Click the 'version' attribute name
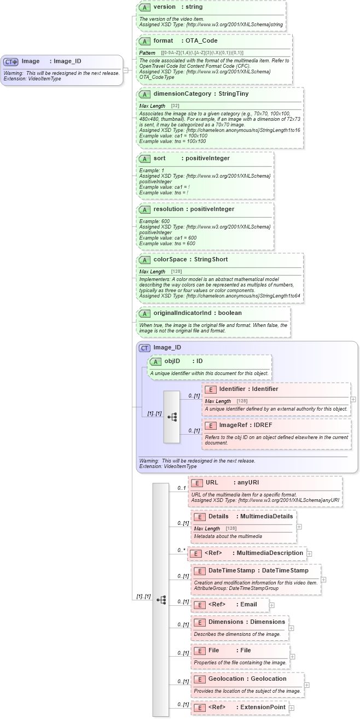pos(164,7)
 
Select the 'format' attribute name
pos(163,40)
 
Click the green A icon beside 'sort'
pos(144,159)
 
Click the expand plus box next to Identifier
pos(353,399)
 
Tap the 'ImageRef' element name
pos(233,425)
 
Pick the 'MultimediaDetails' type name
pos(266,516)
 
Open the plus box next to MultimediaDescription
pos(310,553)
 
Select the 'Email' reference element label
pos(248,604)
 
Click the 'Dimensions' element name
pos(225,622)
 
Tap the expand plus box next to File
pos(293,656)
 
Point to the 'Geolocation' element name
pos(226,679)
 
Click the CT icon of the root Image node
pos(11,61)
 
